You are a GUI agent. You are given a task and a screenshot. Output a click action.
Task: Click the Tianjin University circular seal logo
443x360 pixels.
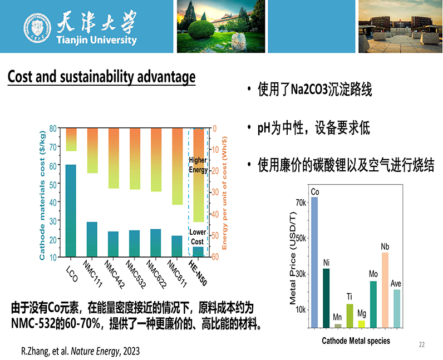[x=37, y=28]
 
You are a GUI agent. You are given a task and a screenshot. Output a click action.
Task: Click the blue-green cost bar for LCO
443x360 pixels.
[x=71, y=210]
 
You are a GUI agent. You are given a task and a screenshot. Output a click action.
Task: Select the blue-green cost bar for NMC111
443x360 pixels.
[x=92, y=239]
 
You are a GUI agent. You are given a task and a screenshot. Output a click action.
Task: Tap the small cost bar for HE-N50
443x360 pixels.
[x=198, y=251]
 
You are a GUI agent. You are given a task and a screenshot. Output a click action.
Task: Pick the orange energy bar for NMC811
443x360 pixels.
[x=178, y=166]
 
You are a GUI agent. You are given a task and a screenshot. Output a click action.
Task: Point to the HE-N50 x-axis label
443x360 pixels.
[x=198, y=273]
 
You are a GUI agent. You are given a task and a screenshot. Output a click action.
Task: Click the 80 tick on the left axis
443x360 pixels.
[x=53, y=129]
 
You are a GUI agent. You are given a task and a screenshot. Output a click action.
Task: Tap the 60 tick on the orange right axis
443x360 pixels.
[x=215, y=257]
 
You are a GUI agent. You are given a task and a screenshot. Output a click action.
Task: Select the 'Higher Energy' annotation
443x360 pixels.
[x=198, y=165]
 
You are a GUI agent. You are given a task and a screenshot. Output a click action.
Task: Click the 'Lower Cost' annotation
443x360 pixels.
[x=197, y=237]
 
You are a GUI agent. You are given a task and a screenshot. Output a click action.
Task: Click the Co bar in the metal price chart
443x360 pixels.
[x=314, y=262]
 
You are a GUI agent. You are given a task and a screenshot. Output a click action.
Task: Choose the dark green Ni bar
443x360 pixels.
[x=326, y=298]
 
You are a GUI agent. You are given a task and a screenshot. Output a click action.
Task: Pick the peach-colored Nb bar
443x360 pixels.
[x=385, y=290]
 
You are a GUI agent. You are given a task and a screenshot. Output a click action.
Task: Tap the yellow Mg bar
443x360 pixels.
[x=362, y=324]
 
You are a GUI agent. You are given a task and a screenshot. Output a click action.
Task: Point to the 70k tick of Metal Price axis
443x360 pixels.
[x=301, y=203]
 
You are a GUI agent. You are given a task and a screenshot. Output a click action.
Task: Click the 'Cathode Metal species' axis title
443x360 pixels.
[x=356, y=341]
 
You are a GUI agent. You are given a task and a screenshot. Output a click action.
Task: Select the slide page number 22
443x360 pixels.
[x=422, y=344]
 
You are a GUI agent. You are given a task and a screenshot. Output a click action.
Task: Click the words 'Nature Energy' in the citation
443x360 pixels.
[x=95, y=351]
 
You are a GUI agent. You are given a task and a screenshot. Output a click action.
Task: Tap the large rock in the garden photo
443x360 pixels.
[x=239, y=41]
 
